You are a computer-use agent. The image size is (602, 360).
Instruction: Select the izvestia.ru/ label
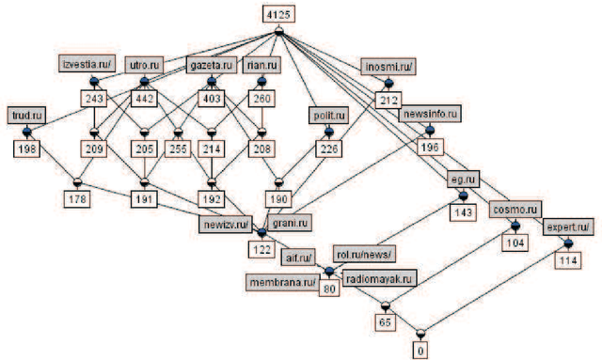click(x=86, y=64)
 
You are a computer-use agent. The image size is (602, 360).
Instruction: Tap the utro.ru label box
click(x=144, y=65)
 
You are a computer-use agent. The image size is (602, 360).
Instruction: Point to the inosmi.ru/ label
click(x=386, y=67)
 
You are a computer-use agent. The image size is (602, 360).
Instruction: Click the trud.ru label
click(x=27, y=115)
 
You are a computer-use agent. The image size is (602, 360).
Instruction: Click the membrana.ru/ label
click(x=282, y=281)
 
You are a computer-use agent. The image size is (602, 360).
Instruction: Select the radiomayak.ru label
click(x=380, y=279)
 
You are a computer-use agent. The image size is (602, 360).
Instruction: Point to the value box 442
click(x=144, y=99)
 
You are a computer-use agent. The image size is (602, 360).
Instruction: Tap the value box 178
click(x=77, y=198)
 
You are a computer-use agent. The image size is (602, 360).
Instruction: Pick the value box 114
click(x=567, y=259)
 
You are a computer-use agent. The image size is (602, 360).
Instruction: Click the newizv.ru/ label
click(x=224, y=226)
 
